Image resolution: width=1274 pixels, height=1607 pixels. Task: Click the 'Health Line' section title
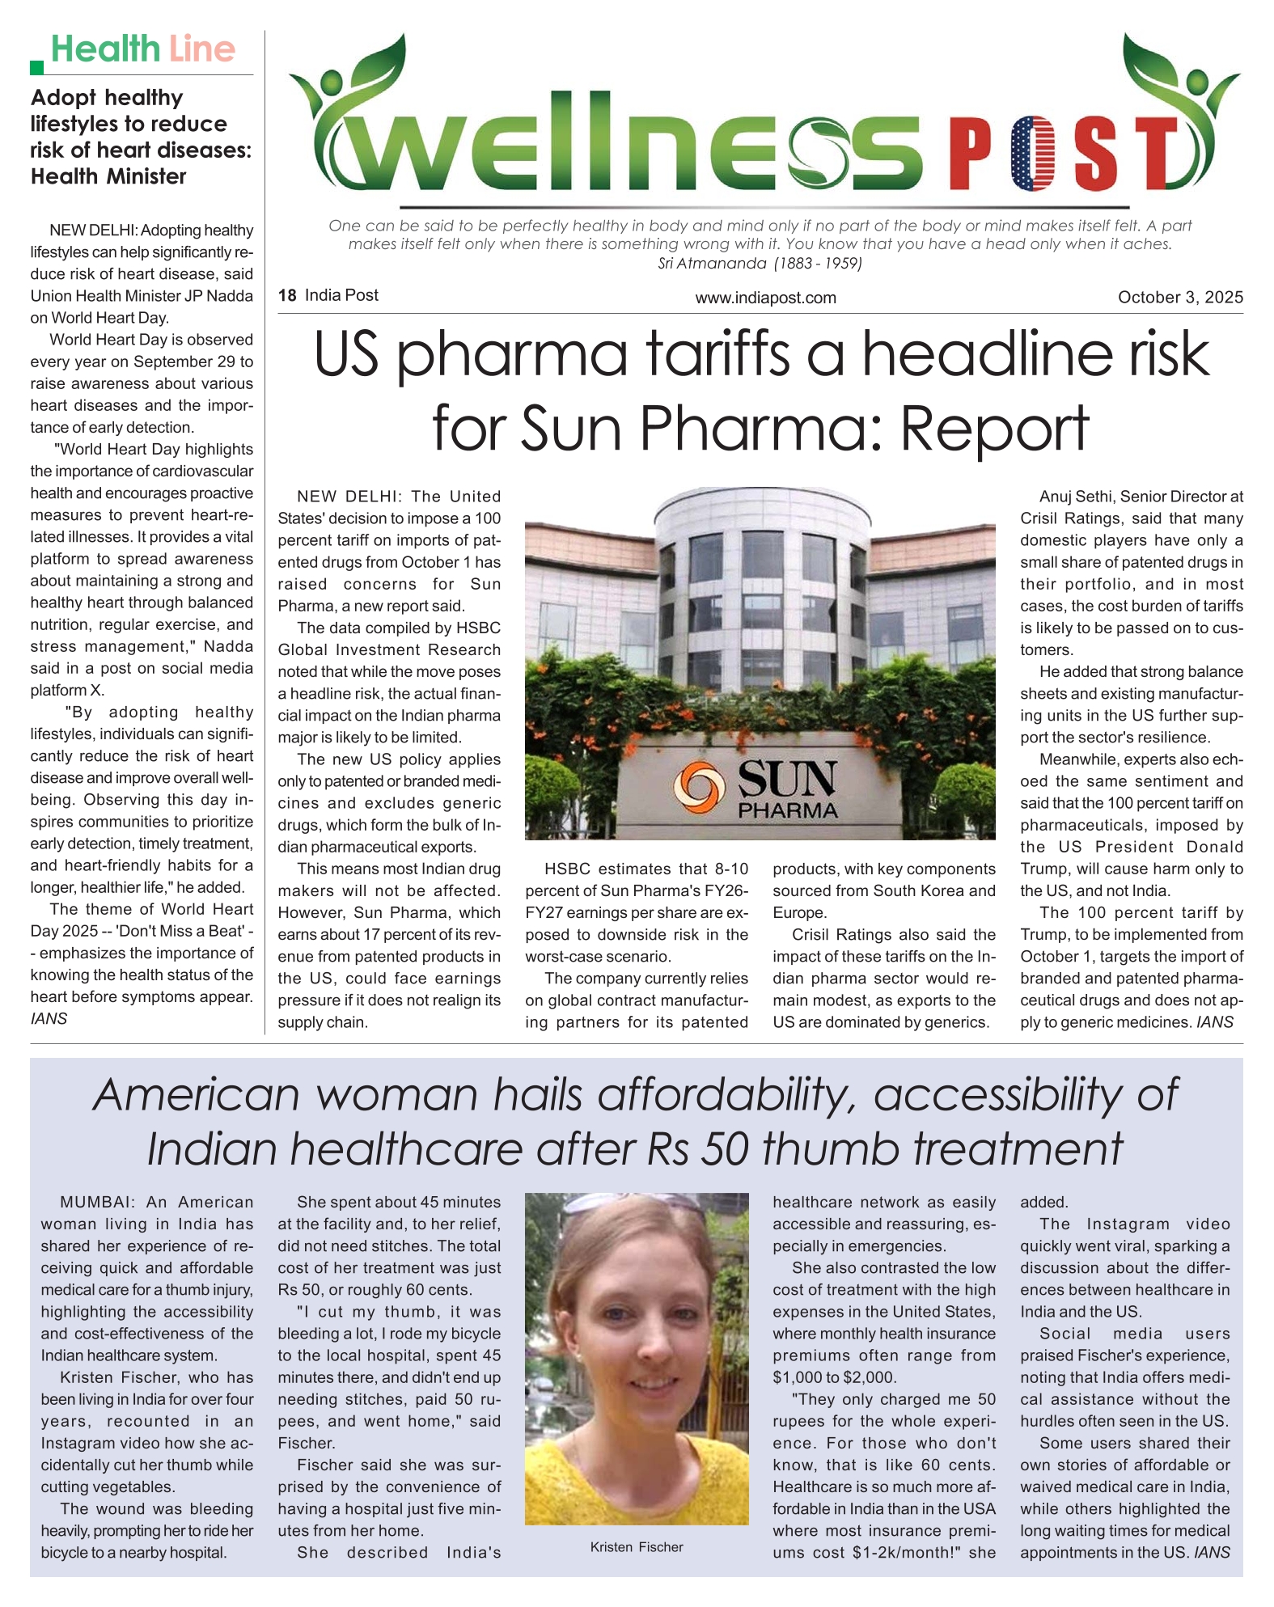[x=143, y=49]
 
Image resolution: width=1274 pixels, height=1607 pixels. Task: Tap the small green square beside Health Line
[x=36, y=67]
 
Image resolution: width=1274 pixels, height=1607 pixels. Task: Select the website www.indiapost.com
[x=765, y=298]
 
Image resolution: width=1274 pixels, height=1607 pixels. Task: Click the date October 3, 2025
[x=1179, y=297]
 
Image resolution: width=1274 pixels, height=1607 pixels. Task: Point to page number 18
[x=287, y=296]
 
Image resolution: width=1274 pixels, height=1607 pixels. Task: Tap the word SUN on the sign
[x=787, y=778]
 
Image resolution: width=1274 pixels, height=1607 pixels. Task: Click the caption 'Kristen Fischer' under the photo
[x=637, y=1546]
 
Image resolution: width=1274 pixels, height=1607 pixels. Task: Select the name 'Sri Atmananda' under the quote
[x=712, y=263]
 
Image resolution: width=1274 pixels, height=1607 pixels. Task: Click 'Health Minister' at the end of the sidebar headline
[x=108, y=176]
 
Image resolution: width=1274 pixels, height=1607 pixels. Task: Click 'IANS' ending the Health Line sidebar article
[x=49, y=1018]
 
